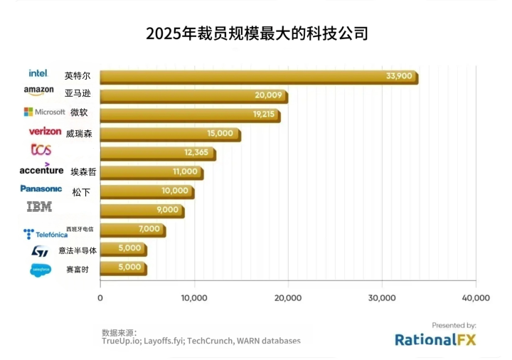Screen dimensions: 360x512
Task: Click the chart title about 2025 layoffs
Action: [x=257, y=33]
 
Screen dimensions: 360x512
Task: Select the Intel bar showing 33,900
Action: [x=259, y=77]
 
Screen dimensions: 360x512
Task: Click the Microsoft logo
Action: [x=44, y=112]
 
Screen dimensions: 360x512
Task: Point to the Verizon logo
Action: [x=45, y=131]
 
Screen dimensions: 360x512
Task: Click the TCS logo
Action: [x=41, y=149]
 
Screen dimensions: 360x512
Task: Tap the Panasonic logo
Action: [x=41, y=189]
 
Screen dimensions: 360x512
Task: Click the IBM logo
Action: [x=39, y=207]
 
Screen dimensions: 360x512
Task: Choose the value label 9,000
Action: [x=168, y=210]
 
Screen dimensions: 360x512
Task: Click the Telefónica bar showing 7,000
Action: [x=133, y=229]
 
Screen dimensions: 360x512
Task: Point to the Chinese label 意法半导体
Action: [x=78, y=250]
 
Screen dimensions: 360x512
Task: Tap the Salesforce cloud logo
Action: [x=41, y=270]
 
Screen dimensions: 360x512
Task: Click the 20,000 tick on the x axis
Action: [x=288, y=297]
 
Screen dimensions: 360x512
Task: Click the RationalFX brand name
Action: [x=435, y=339]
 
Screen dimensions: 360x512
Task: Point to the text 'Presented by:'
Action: [x=454, y=324]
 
